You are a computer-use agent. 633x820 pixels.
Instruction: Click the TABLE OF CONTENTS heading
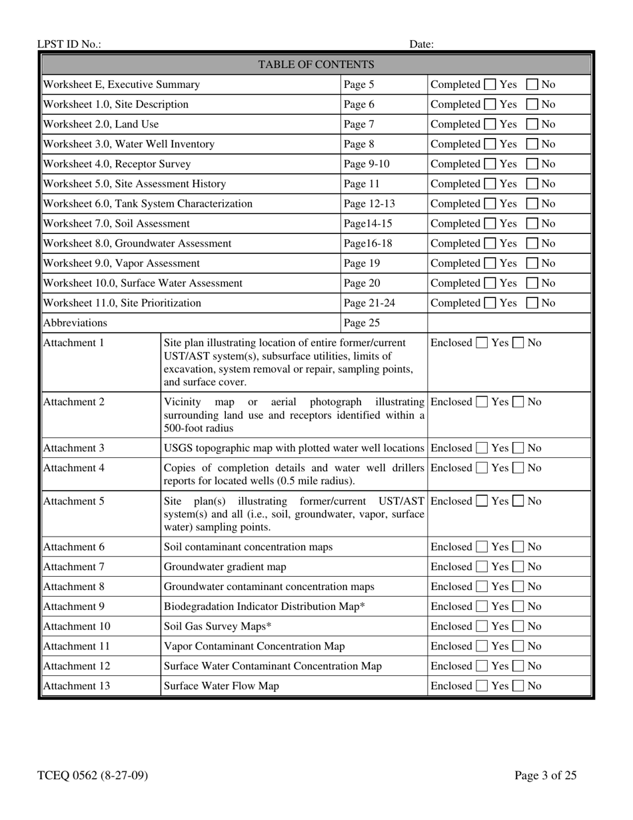click(316, 65)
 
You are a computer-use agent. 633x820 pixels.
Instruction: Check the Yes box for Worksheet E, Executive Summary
click(490, 85)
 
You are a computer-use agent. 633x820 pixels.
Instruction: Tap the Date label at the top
click(421, 45)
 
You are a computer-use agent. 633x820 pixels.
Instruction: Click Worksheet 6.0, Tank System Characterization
click(148, 203)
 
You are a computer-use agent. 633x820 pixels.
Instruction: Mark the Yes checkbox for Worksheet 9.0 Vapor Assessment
click(490, 263)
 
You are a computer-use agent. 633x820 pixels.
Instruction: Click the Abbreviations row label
click(75, 323)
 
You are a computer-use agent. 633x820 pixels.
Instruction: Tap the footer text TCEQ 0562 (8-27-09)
click(93, 775)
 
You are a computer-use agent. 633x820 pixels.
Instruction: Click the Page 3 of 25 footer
click(545, 775)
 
